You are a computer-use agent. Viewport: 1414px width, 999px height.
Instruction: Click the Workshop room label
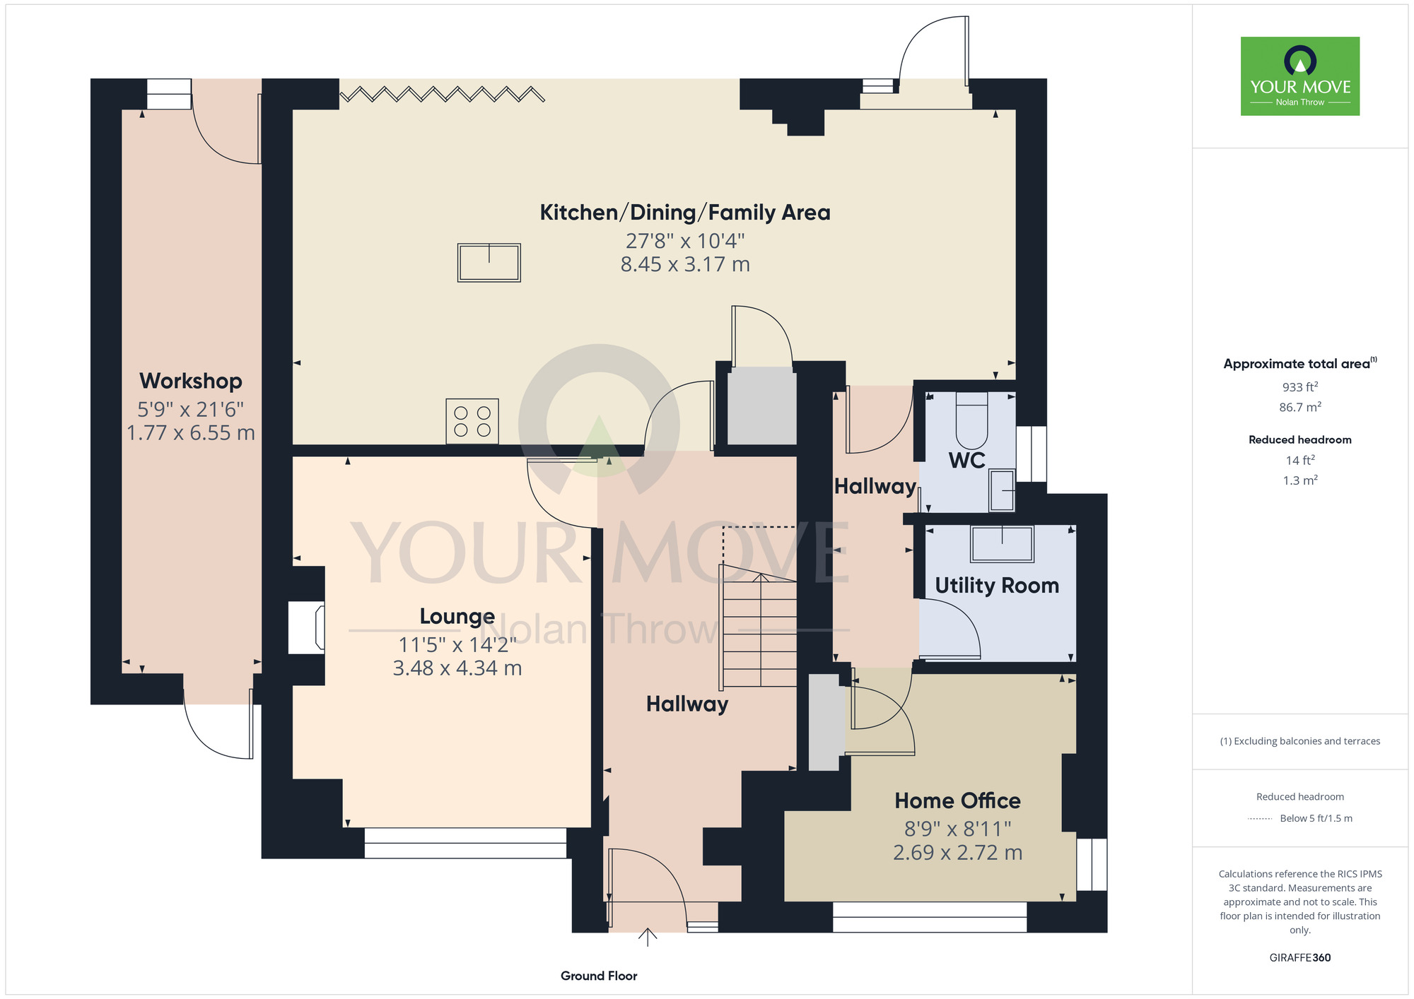[x=191, y=381]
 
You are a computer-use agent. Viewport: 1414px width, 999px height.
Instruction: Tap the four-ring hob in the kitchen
[x=472, y=422]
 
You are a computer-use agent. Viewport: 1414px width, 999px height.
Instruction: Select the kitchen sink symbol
[x=489, y=263]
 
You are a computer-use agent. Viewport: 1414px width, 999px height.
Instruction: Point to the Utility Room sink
[x=1003, y=544]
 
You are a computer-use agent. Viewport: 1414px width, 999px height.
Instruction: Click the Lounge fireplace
[x=307, y=627]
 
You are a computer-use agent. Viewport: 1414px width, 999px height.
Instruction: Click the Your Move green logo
[x=1300, y=76]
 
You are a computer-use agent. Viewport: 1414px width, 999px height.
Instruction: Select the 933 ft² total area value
[x=1300, y=386]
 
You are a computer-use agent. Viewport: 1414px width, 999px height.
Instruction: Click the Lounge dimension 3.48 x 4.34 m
[x=457, y=668]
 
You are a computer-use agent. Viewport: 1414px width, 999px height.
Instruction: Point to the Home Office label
[x=958, y=800]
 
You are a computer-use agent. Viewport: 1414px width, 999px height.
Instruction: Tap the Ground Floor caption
[x=599, y=976]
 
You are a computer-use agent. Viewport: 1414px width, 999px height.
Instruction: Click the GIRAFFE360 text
[x=1300, y=958]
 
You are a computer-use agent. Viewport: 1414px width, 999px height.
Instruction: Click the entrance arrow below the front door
[x=648, y=938]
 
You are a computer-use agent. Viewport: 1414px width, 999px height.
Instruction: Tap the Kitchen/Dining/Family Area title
[x=685, y=213]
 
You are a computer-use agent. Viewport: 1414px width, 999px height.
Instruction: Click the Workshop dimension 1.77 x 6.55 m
[x=191, y=433]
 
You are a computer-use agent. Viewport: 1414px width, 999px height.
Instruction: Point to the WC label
[x=967, y=461]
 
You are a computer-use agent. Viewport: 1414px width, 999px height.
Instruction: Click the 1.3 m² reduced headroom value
[x=1300, y=480]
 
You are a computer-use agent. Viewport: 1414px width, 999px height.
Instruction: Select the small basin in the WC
[x=1002, y=490]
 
